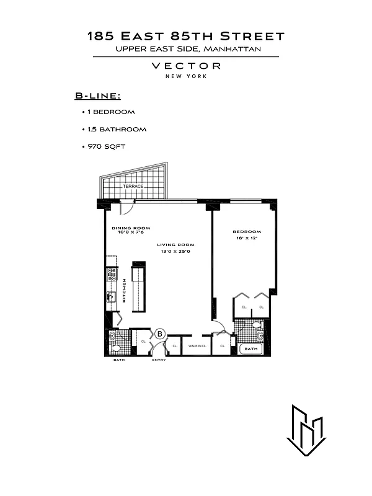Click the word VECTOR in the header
[x=185, y=66]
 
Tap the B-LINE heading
[x=97, y=96]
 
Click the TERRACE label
[x=133, y=186]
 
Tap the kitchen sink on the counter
[x=112, y=297]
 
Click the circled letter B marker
[x=159, y=334]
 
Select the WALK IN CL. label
[x=197, y=346]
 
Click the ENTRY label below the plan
[x=158, y=360]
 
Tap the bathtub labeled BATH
[x=251, y=349]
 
